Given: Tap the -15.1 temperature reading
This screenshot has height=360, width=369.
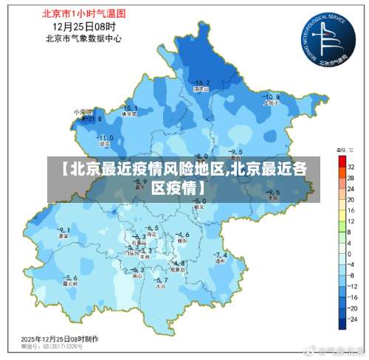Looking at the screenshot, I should (128, 108).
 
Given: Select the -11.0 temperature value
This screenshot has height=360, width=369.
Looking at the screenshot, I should (105, 137).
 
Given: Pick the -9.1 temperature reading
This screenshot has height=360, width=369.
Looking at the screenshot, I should (63, 229).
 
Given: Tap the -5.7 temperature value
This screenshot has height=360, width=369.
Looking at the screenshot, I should (160, 280).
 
